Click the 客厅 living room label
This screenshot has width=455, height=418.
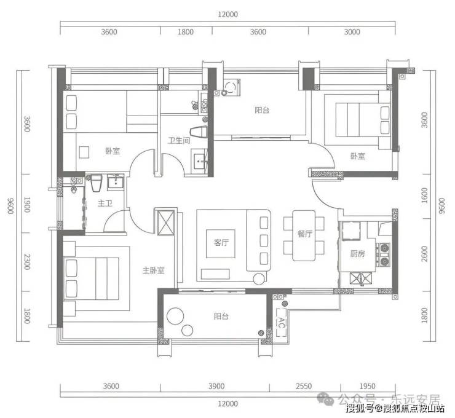coord(221,243)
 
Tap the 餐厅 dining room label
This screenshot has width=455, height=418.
coord(305,234)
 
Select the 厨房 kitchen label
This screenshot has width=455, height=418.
coord(357,254)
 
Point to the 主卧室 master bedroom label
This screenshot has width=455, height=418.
coord(154,270)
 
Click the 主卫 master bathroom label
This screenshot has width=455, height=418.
coord(105,203)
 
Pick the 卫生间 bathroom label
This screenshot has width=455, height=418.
coord(179,140)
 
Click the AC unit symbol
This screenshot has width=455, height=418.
coord(281,322)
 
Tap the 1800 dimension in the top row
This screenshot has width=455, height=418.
coord(186,31)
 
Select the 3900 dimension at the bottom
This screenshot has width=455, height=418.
coord(216,386)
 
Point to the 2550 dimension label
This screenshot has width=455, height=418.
coord(304,386)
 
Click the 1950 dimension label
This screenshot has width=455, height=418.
coord(367,386)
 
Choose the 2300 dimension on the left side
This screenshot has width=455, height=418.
coord(27,262)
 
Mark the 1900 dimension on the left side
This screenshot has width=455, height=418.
coord(27,205)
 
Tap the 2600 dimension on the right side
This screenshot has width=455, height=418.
coord(424,254)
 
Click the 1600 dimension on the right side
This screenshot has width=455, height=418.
coord(424,195)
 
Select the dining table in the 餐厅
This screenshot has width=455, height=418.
coord(304,235)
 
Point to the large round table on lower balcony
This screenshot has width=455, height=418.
coord(175,316)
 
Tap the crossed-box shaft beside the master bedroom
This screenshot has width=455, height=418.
coord(165,223)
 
